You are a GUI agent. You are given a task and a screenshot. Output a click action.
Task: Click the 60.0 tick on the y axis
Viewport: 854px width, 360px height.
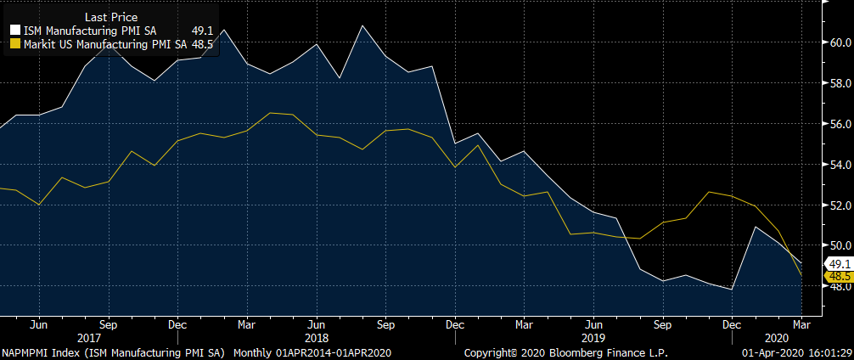click(840, 42)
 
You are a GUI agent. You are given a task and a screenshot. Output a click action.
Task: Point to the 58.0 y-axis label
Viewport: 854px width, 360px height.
click(840, 83)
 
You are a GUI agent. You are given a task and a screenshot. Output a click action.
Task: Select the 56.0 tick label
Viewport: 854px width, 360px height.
click(840, 124)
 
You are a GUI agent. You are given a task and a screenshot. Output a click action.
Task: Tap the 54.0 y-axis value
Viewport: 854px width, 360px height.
click(840, 165)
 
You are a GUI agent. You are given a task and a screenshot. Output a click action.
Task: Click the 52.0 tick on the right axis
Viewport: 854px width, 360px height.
click(840, 205)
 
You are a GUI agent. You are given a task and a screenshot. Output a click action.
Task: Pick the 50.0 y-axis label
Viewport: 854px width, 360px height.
click(840, 246)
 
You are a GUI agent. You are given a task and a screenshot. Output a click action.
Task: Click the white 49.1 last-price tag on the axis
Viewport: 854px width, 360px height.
click(838, 264)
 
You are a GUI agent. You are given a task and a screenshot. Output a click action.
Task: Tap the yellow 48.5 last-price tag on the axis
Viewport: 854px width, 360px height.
click(838, 276)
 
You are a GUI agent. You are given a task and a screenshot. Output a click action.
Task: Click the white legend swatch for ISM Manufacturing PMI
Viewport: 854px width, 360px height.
click(14, 31)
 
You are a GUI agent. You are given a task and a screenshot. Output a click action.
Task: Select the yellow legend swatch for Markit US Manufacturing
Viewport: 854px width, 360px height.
click(14, 43)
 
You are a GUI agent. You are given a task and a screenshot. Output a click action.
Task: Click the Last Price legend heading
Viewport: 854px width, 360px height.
click(112, 17)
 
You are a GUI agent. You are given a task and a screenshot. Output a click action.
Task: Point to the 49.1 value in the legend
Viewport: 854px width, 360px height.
click(201, 31)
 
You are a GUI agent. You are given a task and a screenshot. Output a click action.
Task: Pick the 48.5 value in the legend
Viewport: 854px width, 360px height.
click(201, 43)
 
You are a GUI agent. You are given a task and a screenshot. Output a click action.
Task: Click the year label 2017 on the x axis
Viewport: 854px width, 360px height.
click(89, 337)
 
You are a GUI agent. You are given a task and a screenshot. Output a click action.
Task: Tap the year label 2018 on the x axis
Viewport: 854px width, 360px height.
click(316, 337)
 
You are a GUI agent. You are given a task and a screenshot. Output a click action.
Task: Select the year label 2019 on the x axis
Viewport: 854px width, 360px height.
click(593, 337)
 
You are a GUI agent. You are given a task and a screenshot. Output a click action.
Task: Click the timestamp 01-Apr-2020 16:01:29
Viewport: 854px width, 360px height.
click(798, 352)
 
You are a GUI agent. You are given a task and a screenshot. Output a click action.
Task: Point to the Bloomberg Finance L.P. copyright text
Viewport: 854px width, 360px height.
click(566, 352)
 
